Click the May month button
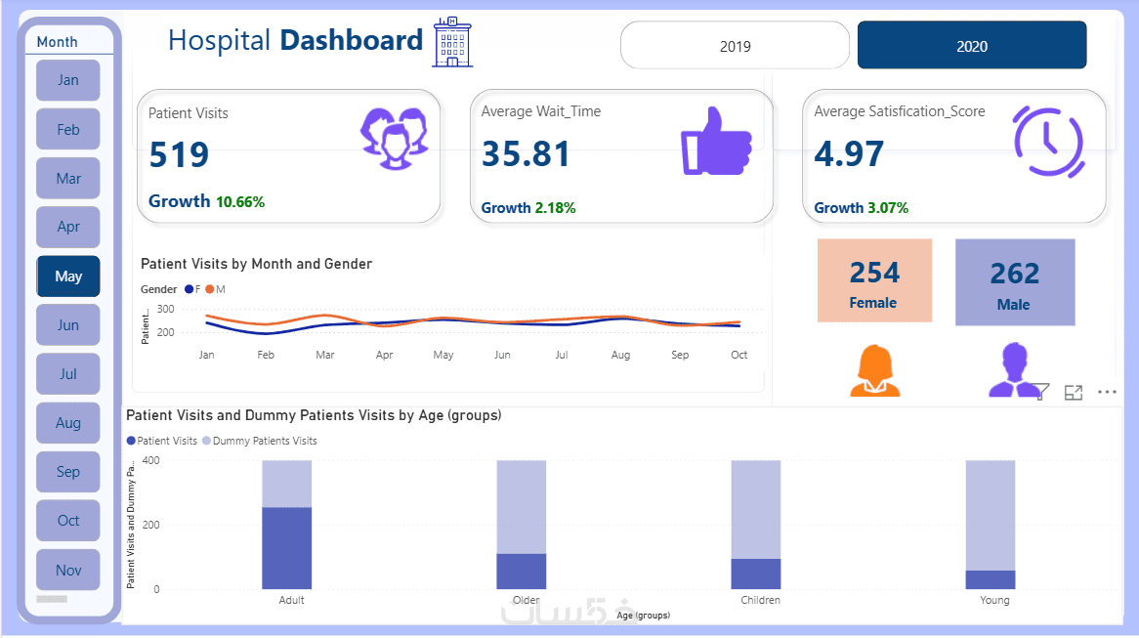pyautogui.click(x=68, y=276)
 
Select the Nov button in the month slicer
pyautogui.click(x=68, y=571)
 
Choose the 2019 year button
pyautogui.click(x=735, y=46)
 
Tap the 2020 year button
pyautogui.click(x=971, y=46)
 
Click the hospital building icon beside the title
pyautogui.click(x=452, y=41)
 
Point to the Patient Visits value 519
pyautogui.click(x=179, y=155)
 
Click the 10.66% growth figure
pyautogui.click(x=240, y=202)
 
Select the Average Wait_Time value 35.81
pyautogui.click(x=526, y=154)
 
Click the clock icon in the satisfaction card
pyautogui.click(x=1048, y=143)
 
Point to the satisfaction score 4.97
pyautogui.click(x=849, y=154)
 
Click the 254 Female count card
pyautogui.click(x=874, y=280)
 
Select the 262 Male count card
pyautogui.click(x=1014, y=282)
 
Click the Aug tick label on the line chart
pyautogui.click(x=620, y=355)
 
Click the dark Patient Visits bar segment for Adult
pyautogui.click(x=286, y=547)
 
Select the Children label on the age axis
pyautogui.click(x=760, y=600)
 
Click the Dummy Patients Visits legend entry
pyautogui.click(x=260, y=441)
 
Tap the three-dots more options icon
pyautogui.click(x=1107, y=392)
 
